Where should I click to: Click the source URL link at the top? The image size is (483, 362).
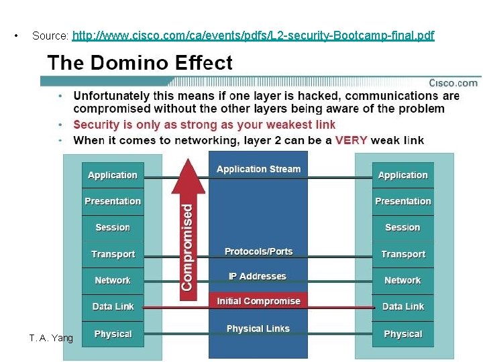[253, 36]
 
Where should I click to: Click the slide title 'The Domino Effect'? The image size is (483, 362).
[140, 63]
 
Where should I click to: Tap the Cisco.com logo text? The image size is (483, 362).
[453, 83]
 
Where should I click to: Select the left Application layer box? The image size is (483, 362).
[113, 176]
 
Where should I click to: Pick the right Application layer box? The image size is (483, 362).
[402, 176]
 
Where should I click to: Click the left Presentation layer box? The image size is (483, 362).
[113, 201]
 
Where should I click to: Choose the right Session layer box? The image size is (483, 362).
[402, 228]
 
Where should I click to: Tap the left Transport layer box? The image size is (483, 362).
[113, 255]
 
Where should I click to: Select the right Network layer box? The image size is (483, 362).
[402, 281]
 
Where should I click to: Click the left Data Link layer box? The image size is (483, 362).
[113, 307]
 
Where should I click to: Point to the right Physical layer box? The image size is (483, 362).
[402, 334]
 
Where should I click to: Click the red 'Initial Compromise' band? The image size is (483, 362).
[258, 302]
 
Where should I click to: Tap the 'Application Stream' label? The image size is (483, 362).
[258, 170]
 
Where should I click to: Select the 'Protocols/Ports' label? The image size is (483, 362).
[258, 252]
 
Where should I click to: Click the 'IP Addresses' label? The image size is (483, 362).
[258, 277]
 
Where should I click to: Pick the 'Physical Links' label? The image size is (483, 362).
[258, 329]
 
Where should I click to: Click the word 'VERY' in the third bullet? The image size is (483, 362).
[351, 140]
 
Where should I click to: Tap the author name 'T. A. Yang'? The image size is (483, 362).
[51, 338]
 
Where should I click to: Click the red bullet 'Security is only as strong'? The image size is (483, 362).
[204, 125]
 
